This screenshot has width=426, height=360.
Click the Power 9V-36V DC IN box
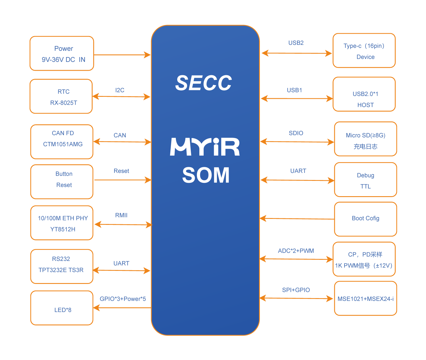(62, 53)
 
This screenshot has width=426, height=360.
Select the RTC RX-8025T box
(61, 97)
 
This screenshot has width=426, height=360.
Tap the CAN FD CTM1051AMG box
(62, 142)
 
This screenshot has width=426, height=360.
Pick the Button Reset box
(62, 182)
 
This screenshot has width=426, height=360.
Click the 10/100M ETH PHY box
(62, 223)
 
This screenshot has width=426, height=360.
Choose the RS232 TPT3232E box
(62, 266)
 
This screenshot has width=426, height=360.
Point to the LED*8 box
(62, 308)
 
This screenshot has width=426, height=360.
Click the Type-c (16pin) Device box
(364, 51)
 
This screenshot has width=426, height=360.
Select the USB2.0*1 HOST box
(364, 94)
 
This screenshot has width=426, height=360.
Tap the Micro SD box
(366, 139)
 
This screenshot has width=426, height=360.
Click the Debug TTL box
(366, 180)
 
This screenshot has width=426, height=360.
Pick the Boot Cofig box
(366, 219)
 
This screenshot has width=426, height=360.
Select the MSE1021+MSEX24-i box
(366, 298)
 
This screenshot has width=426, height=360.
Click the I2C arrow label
(120, 90)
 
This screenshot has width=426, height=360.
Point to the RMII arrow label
(121, 215)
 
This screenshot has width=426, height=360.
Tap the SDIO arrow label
(296, 133)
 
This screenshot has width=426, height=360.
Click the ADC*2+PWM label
(296, 251)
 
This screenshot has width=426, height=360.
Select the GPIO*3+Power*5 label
(123, 299)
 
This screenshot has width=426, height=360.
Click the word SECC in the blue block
(204, 83)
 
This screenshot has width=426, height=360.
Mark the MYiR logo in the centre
(205, 147)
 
